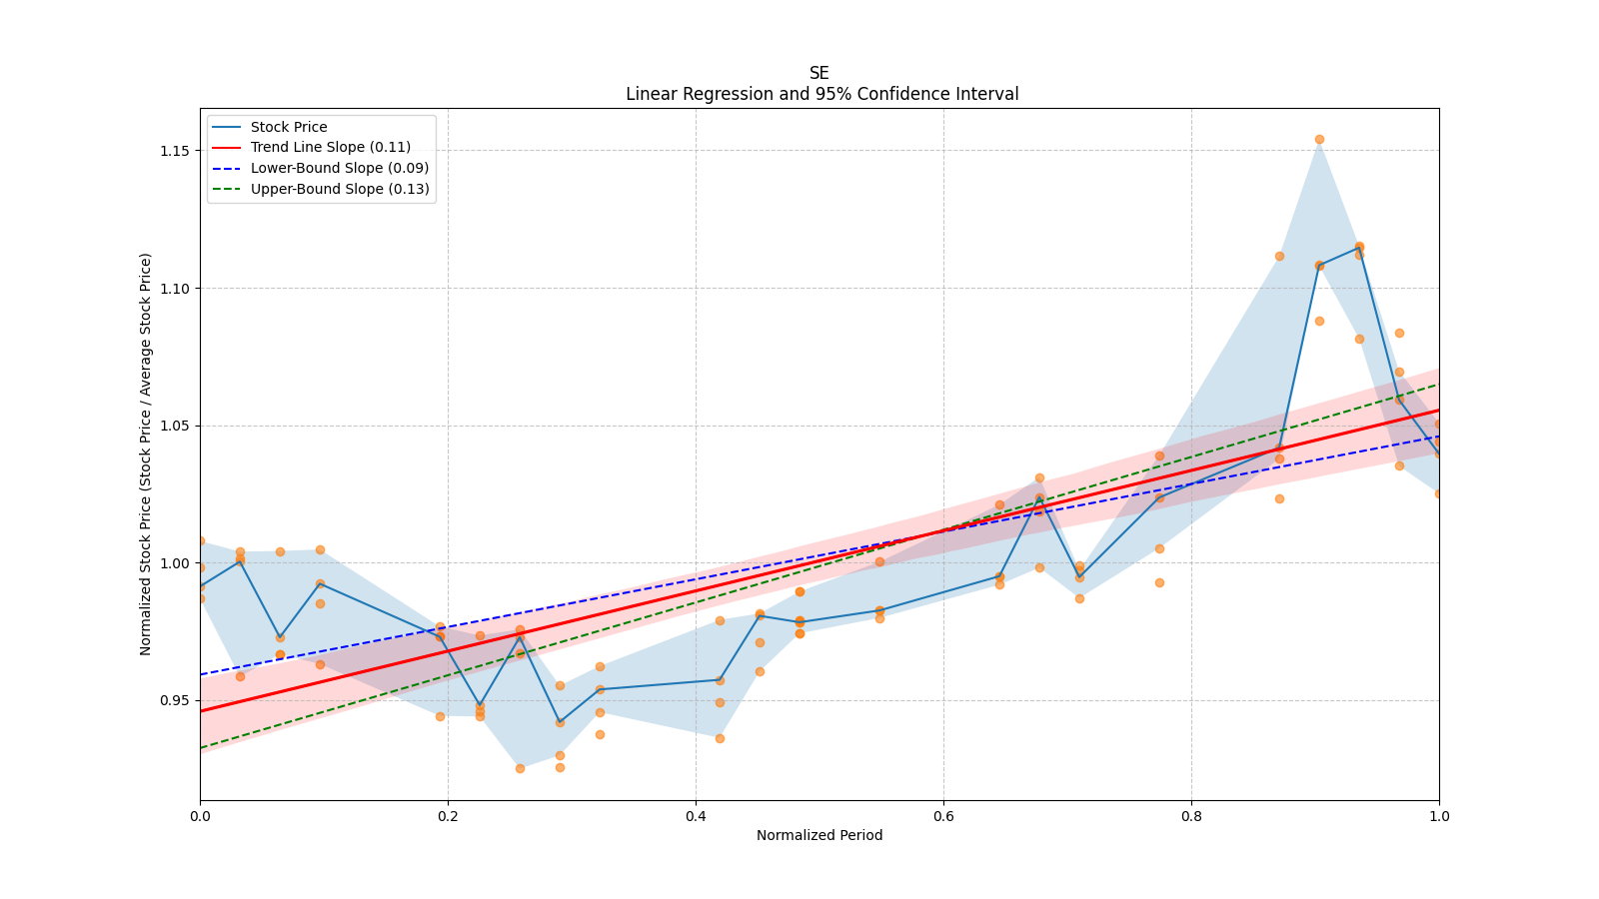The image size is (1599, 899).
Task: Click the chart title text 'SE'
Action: coord(818,73)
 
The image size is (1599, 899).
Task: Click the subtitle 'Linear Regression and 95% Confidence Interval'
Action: coord(821,94)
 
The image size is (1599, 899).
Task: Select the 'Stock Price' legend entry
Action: coord(289,127)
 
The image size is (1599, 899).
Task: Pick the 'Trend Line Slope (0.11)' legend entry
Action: coord(330,148)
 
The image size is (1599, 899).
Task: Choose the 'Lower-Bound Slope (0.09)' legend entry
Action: coord(339,168)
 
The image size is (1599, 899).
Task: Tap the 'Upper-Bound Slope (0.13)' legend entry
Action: coord(340,189)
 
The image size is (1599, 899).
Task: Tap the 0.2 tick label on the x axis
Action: coord(448,815)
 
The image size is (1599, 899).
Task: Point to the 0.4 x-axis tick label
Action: coord(696,815)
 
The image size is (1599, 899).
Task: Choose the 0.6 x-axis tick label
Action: coord(943,815)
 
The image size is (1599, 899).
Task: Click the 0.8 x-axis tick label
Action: coord(1191,815)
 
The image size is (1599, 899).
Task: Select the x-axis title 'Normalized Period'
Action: coord(819,835)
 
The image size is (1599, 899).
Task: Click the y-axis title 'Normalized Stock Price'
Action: coord(146,453)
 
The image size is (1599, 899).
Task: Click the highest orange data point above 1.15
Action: coord(1319,139)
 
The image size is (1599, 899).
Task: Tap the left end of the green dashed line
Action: coord(201,747)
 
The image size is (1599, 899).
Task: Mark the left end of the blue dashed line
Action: coord(201,674)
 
